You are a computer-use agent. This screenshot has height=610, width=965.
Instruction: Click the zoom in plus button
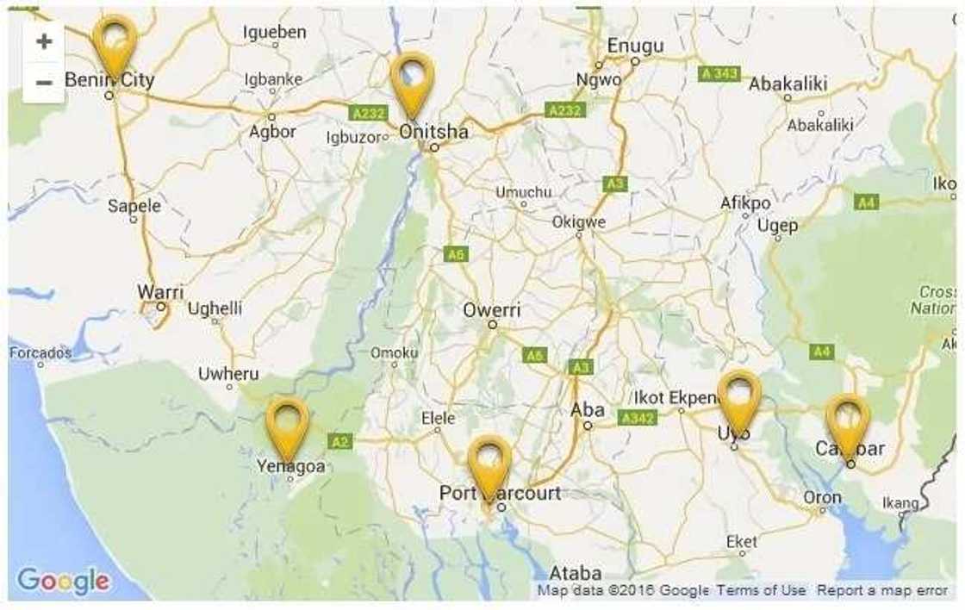(43, 41)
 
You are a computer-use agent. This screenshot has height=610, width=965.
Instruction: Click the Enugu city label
(635, 46)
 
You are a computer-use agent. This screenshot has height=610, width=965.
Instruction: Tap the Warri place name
(160, 292)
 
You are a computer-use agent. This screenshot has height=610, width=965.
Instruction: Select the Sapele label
(134, 206)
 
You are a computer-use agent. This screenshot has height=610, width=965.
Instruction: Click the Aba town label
(588, 410)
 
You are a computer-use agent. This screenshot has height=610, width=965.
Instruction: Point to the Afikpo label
(745, 203)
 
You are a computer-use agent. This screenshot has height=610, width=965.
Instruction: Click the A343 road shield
(719, 73)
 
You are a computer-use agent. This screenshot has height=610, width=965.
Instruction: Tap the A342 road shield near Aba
(638, 418)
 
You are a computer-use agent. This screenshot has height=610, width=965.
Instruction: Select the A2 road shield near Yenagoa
(340, 441)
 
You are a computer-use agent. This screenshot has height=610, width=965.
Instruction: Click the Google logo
(64, 582)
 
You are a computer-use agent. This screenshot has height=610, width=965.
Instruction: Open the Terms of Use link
(762, 590)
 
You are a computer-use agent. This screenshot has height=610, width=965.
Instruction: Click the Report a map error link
(882, 590)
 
